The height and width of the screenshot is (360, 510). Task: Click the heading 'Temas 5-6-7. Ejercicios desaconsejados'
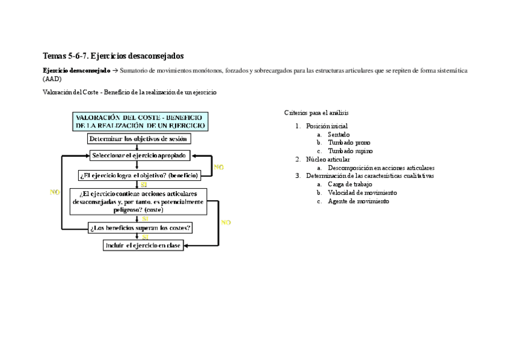click(x=113, y=56)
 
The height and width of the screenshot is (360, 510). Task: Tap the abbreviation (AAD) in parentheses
click(x=52, y=79)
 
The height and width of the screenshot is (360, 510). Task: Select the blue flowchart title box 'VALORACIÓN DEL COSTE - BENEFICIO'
click(x=141, y=121)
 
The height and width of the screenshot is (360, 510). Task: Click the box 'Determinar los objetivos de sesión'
click(x=139, y=139)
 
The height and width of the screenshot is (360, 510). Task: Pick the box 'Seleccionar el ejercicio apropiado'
click(x=140, y=156)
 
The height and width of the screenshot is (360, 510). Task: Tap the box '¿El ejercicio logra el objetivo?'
click(x=138, y=175)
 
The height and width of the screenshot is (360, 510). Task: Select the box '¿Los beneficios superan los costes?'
click(x=140, y=228)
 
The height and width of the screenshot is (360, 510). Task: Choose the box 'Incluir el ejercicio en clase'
click(x=143, y=246)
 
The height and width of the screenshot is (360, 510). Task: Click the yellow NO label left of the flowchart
click(x=55, y=192)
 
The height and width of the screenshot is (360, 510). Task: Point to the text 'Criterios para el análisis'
click(x=316, y=112)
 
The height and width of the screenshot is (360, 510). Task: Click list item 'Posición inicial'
click(x=327, y=126)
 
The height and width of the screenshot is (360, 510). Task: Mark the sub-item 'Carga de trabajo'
click(x=350, y=185)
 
